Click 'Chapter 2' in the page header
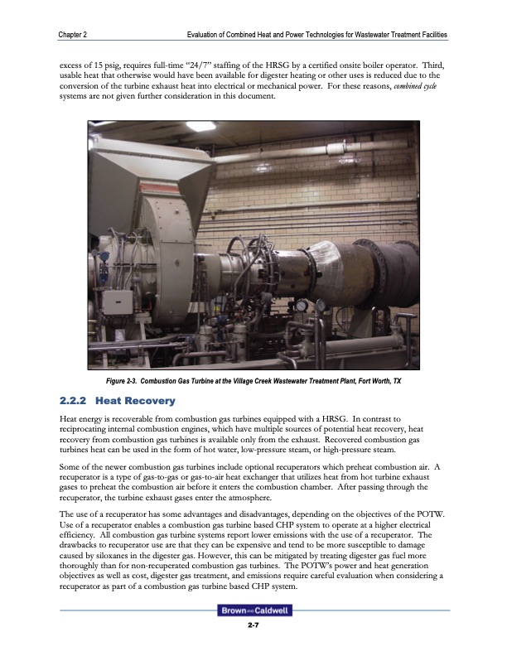pos(75,34)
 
